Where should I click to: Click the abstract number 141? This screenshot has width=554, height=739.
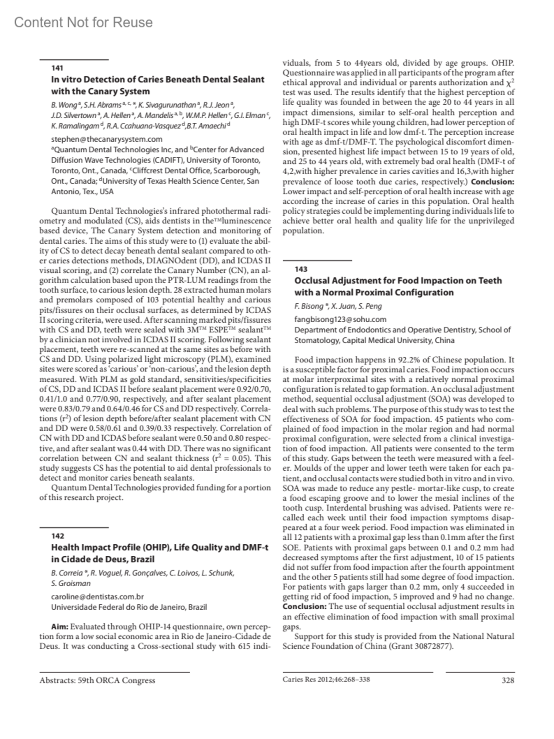pos(57,68)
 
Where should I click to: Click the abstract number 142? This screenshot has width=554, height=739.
pos(58,536)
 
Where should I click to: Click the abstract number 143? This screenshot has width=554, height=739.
pos(301,269)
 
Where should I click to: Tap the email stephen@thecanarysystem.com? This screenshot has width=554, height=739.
pos(107,139)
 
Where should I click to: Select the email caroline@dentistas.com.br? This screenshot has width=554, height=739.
pos(97,597)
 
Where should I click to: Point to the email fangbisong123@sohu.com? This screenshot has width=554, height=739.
pos(340,319)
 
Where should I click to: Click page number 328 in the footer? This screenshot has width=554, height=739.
pos(507,680)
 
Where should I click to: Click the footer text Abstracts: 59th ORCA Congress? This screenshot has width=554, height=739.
pos(97,680)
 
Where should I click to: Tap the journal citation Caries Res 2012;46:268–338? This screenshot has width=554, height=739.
pos(326,679)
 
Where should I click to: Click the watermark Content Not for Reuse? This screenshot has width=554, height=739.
pos(84,22)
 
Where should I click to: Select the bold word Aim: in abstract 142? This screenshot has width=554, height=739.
pos(60,626)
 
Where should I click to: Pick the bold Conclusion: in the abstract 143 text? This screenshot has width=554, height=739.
pos(305,607)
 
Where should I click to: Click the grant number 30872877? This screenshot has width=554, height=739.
pos(434,646)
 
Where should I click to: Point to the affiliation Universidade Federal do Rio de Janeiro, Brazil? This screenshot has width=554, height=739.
pos(129,607)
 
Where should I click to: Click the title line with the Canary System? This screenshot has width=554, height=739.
pos(101,91)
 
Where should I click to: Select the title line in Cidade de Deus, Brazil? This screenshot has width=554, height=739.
pos(102,559)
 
